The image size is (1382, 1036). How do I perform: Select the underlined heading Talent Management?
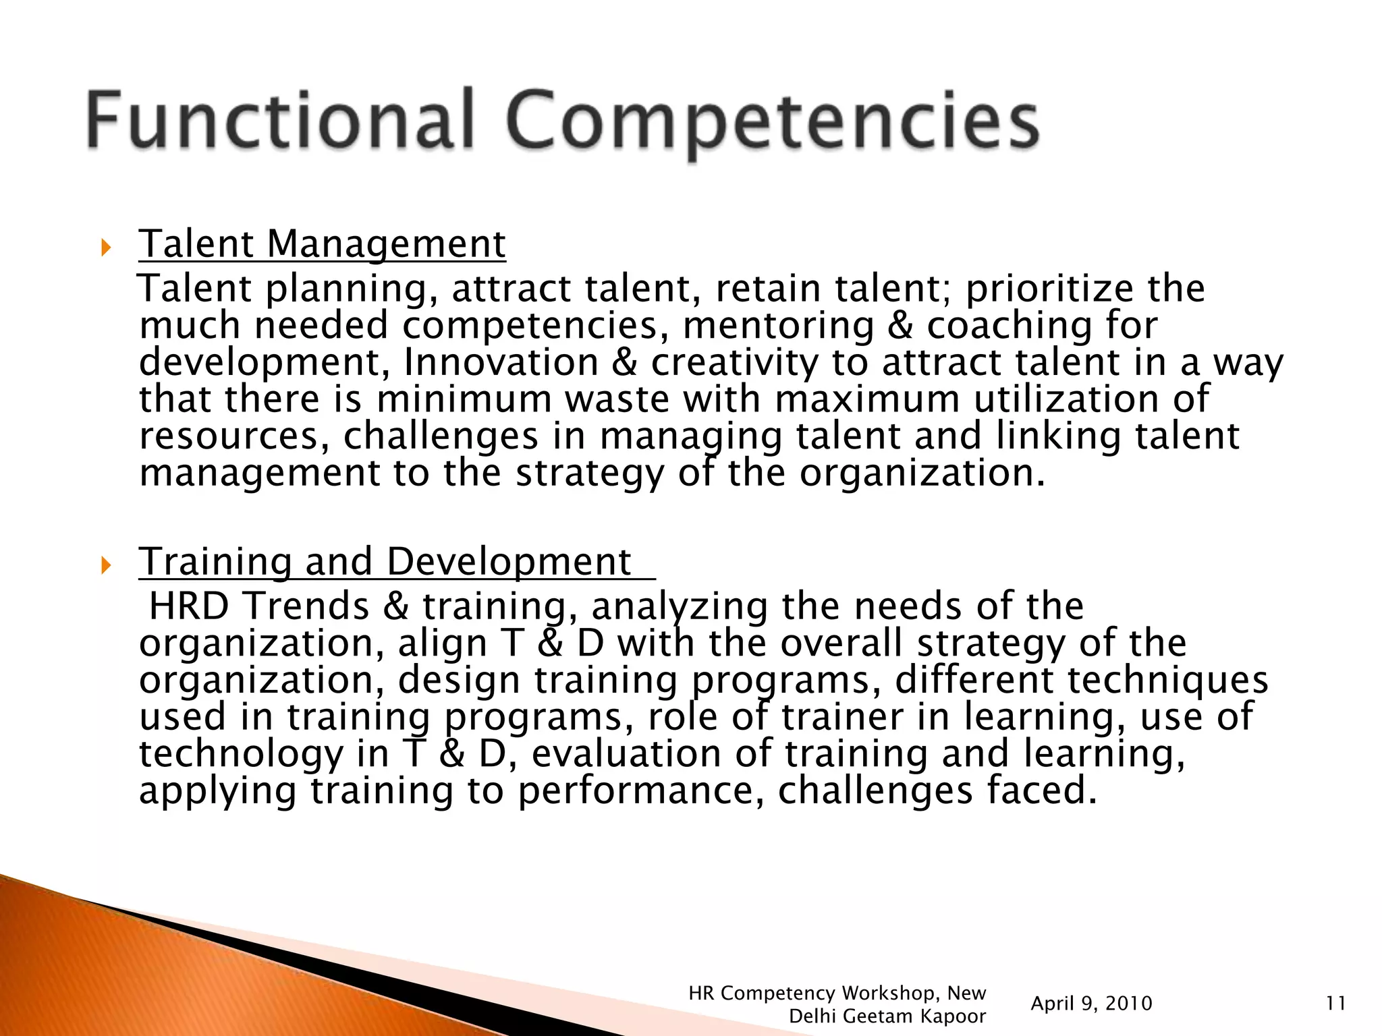tap(322, 243)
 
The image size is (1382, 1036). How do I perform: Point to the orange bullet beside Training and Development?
tap(105, 565)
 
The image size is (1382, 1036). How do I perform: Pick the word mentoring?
tap(778, 326)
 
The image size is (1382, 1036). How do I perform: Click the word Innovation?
tap(501, 362)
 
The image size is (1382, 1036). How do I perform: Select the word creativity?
tap(734, 362)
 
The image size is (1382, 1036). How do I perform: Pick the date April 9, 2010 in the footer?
tap(1091, 1004)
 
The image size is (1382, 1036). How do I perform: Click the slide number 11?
tap(1335, 1004)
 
